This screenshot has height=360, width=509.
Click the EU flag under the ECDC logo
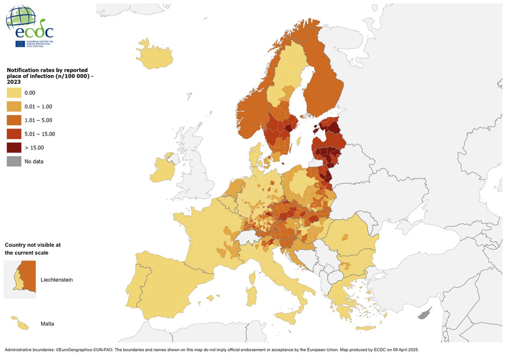click(x=20, y=44)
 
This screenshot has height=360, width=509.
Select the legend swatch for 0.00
click(x=14, y=93)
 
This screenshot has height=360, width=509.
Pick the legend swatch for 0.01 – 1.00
click(x=14, y=106)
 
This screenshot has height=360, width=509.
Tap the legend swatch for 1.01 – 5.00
click(x=14, y=120)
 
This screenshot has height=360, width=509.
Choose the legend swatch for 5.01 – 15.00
click(x=14, y=134)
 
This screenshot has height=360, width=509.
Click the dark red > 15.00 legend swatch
click(x=14, y=148)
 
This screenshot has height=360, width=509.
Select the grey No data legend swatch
click(x=14, y=161)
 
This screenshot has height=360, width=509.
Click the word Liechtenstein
click(x=56, y=280)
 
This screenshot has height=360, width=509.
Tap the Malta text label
click(x=47, y=324)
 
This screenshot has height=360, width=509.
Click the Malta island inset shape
click(x=22, y=324)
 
